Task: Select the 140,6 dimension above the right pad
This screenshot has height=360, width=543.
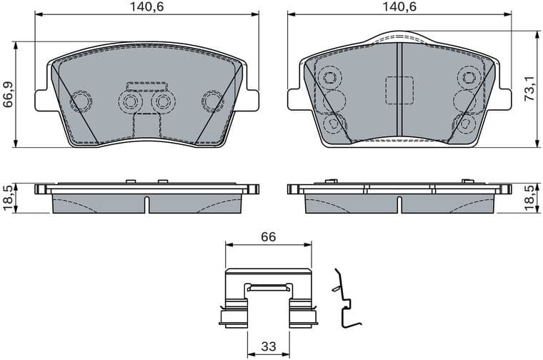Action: pos(399,6)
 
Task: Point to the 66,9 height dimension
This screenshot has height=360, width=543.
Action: pos(9,93)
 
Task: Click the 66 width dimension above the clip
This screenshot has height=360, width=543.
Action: pos(268,236)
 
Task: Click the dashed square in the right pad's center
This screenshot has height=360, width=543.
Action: pos(399,91)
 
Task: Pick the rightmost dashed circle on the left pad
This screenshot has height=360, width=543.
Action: pos(212,101)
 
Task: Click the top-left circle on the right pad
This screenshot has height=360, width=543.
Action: pos(329,76)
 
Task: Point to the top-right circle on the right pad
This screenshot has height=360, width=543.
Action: pos(469,76)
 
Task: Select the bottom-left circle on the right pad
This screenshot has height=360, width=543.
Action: pos(332,124)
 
